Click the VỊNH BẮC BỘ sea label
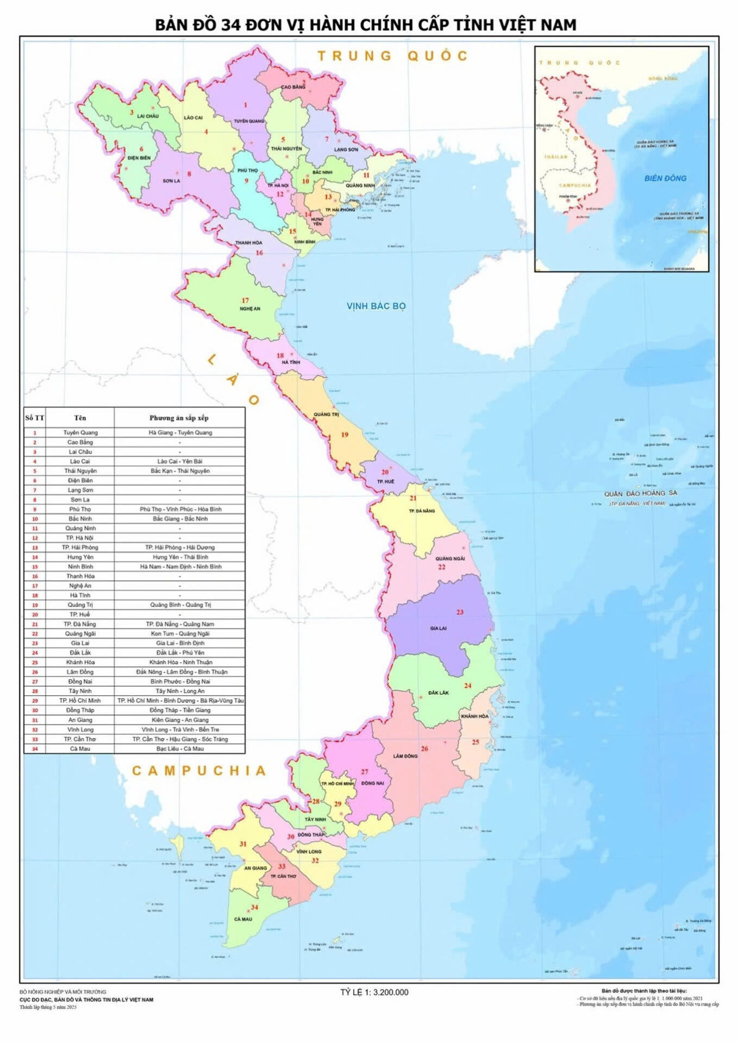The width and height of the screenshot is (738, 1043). [x=376, y=306]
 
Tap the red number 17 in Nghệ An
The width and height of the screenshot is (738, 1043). [x=245, y=300]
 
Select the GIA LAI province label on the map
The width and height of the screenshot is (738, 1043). [x=438, y=628]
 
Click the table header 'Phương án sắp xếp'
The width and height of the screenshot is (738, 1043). [x=179, y=418]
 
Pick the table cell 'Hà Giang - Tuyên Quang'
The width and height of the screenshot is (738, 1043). [x=180, y=432]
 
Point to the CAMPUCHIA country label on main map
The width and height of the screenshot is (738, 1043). [x=199, y=770]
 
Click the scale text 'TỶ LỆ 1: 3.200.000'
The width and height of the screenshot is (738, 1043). [x=374, y=992]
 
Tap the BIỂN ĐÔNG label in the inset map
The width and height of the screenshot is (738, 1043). [x=665, y=178]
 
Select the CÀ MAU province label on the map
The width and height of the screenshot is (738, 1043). [x=243, y=919]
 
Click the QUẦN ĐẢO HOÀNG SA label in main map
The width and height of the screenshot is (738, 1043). [x=641, y=493]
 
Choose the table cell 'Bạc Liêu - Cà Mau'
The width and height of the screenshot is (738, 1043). [x=180, y=749]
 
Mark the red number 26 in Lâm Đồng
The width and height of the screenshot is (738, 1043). [x=424, y=749]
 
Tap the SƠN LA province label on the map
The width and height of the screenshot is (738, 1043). [x=171, y=181]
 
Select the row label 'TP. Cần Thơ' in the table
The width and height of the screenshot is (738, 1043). [x=80, y=739]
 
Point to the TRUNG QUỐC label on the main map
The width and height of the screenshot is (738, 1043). [x=392, y=55]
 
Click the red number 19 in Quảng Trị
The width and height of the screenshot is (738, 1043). [x=345, y=434]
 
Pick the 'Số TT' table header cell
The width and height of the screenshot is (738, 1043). [x=35, y=418]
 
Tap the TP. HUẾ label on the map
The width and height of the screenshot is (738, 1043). [x=385, y=481]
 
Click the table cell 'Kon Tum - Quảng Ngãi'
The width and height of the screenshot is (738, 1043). [x=180, y=633]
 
